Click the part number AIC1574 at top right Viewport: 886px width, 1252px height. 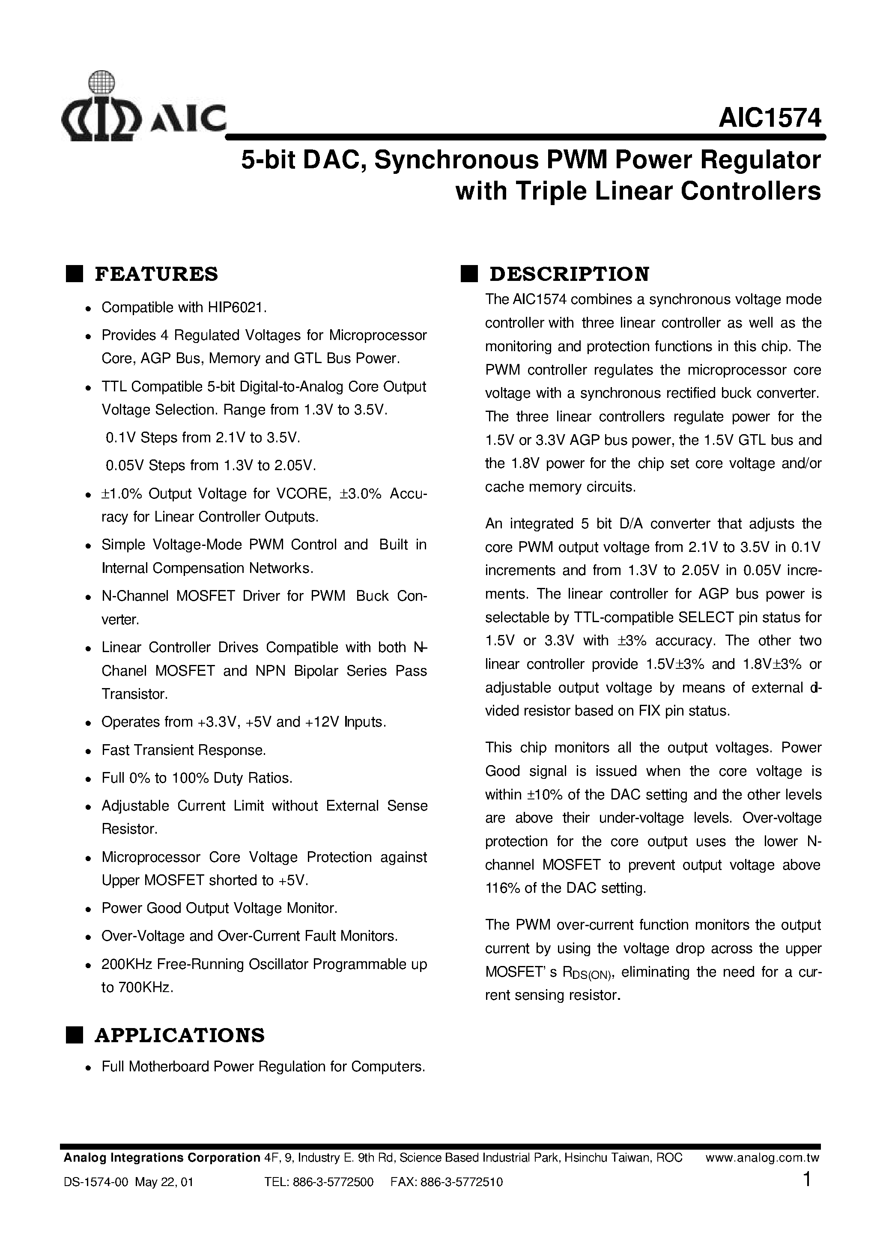[769, 117]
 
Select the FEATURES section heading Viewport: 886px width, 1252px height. [156, 274]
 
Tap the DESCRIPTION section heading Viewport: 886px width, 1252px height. [569, 274]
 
